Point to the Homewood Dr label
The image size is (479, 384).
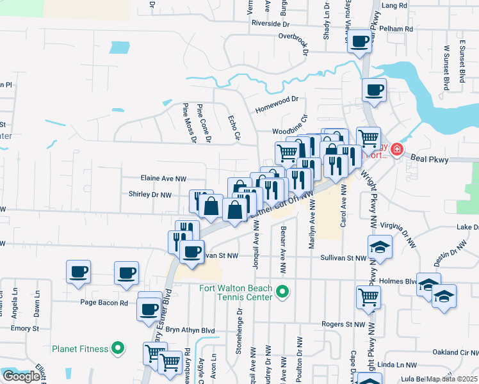click(277, 99)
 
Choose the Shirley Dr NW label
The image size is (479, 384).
click(150, 195)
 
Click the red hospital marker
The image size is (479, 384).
click(397, 150)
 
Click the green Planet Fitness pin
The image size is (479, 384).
click(117, 349)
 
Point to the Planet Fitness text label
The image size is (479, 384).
click(79, 349)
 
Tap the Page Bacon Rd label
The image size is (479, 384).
click(104, 303)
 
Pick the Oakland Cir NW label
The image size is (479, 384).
click(455, 351)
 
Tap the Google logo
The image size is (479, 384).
click(21, 376)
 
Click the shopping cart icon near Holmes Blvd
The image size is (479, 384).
click(368, 296)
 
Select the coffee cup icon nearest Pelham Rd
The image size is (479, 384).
click(359, 42)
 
